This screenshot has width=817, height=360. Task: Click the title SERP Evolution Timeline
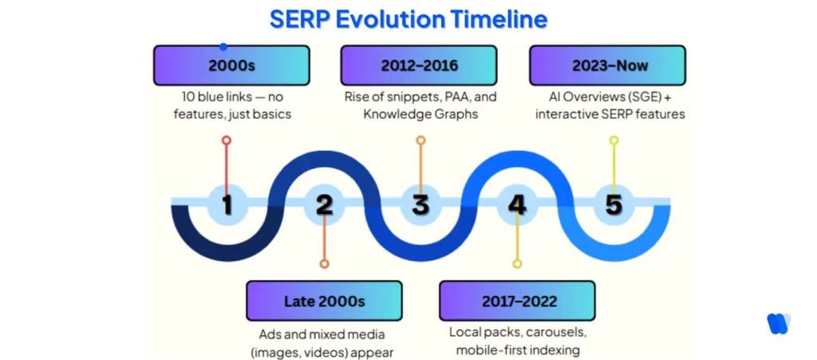(408, 19)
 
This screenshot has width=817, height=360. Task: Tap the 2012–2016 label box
(419, 65)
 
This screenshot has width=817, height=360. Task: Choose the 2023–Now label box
(608, 65)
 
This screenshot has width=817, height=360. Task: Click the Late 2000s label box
(325, 301)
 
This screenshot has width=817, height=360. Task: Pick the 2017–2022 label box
(518, 301)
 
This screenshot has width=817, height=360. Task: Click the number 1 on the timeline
(227, 204)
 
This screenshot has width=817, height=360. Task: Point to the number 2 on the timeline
(324, 204)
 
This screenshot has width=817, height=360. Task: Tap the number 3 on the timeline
(420, 204)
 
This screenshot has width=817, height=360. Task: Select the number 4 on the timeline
(517, 204)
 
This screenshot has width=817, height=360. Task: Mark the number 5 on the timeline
(614, 204)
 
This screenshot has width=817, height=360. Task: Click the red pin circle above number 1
(227, 140)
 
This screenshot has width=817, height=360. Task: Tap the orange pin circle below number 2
(324, 263)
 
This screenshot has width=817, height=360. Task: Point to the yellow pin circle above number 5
(614, 140)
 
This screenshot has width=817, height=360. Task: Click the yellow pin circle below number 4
(517, 263)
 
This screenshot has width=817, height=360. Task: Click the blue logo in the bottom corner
(778, 322)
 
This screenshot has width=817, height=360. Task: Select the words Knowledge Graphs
(419, 114)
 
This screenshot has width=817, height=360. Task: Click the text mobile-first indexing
(518, 350)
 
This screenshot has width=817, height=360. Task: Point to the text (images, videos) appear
(325, 350)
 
